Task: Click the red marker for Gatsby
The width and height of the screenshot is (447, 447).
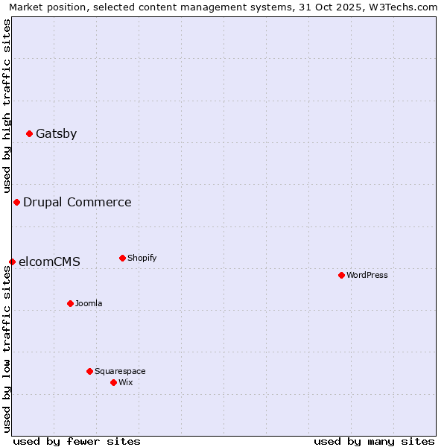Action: (x=30, y=134)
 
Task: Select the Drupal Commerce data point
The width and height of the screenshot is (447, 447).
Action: (x=16, y=203)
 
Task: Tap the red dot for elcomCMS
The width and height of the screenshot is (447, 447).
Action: (x=12, y=262)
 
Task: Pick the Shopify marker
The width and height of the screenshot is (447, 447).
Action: (x=122, y=259)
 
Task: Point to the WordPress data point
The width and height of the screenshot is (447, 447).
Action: (x=341, y=276)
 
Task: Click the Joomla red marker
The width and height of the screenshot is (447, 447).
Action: (x=70, y=304)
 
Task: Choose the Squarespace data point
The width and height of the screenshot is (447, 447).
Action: (x=89, y=372)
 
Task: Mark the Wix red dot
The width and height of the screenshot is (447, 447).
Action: (x=113, y=383)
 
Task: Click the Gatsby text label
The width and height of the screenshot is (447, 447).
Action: (x=56, y=134)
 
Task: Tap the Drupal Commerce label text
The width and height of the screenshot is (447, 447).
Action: (x=77, y=203)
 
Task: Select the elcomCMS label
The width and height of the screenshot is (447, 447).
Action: (x=49, y=262)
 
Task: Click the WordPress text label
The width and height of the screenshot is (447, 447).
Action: (x=367, y=276)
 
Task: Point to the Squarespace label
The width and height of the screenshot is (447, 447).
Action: (x=120, y=372)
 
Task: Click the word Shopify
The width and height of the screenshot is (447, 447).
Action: (x=142, y=259)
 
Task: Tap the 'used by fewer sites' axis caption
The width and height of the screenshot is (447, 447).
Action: (x=77, y=441)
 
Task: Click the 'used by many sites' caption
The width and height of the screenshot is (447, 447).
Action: (x=374, y=441)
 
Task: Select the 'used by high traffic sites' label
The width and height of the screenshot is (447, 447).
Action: (x=7, y=106)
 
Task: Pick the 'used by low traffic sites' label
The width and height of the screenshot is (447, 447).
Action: (x=7, y=349)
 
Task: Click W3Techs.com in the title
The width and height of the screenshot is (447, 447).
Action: (x=405, y=7)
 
